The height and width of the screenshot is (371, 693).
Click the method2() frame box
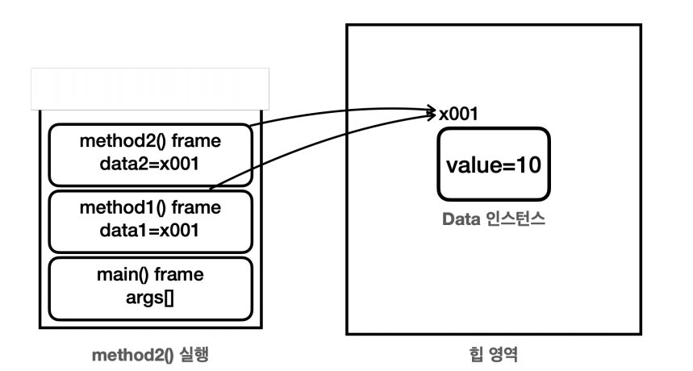[150, 155]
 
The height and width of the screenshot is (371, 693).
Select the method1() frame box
[150, 220]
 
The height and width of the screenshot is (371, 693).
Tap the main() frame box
[150, 288]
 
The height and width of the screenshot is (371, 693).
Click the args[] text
[150, 298]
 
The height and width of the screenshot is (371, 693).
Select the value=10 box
[494, 165]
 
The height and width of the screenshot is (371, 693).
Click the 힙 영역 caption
[493, 353]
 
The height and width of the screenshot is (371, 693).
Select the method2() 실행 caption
[150, 353]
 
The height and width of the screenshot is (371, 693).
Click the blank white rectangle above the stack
[150, 89]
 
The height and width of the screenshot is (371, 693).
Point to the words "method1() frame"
[150, 208]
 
